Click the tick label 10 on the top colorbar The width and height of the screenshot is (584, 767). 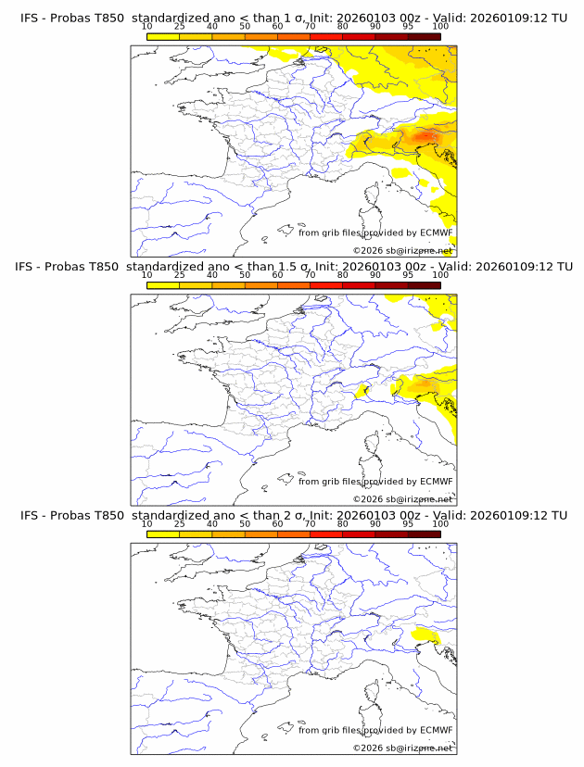point(147,26)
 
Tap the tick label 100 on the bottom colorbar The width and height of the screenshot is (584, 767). point(440,524)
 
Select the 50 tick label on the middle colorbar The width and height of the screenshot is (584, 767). point(245,275)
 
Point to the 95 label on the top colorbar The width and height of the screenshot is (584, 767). point(407,26)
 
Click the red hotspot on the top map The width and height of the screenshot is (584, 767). point(425,137)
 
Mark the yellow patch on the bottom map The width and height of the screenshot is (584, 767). point(425,635)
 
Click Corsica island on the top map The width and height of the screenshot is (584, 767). point(374,195)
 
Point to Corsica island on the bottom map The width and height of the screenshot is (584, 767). point(374,692)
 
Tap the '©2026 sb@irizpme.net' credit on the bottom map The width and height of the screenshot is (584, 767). point(402,748)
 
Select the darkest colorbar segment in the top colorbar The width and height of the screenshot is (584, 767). point(424,36)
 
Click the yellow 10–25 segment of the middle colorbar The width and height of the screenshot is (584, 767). point(163,285)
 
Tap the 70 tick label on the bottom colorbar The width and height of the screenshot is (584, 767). point(310,524)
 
